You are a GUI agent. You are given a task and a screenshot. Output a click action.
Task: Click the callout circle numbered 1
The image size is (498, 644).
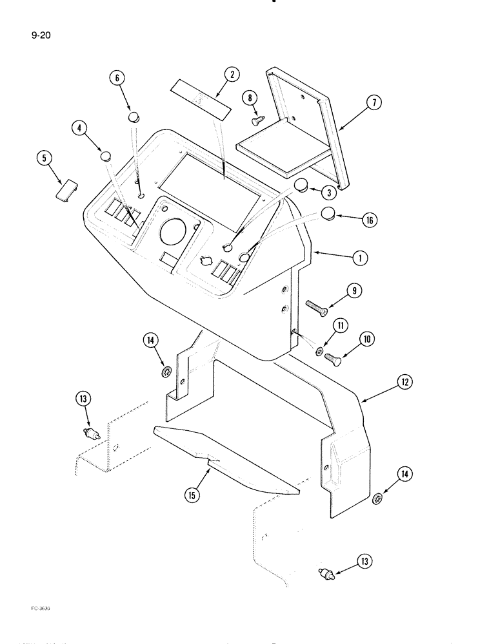360,258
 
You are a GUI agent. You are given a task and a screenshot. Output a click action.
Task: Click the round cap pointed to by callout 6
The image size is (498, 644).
134,117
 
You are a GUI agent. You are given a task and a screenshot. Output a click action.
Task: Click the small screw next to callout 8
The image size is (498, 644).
256,119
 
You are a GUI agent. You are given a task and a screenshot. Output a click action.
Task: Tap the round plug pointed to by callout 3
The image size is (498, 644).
301,186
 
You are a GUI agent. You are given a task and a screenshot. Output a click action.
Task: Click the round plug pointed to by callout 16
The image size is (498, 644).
327,214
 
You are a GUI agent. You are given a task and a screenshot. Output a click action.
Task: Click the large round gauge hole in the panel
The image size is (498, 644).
173,231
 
